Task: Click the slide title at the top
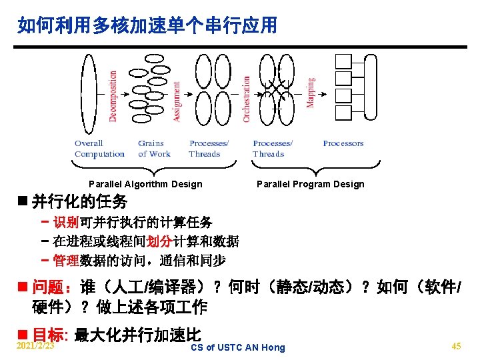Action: tap(147, 26)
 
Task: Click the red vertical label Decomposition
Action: tap(113, 95)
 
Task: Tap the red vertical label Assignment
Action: tap(177, 101)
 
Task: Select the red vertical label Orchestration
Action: tap(247, 98)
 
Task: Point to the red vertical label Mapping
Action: tap(310, 93)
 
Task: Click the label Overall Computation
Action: tap(99, 149)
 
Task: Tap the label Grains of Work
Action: tap(155, 149)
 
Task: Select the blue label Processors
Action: tap(343, 143)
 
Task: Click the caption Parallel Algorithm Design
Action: tap(145, 184)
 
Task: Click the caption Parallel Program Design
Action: tap(311, 184)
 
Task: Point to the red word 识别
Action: tap(66, 222)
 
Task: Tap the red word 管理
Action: tap(66, 260)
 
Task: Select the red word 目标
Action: tap(49, 335)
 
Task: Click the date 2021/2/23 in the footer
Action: tap(35, 346)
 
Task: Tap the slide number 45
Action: tap(456, 346)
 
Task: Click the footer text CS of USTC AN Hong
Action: tap(237, 347)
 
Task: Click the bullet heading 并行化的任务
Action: tap(79, 201)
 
